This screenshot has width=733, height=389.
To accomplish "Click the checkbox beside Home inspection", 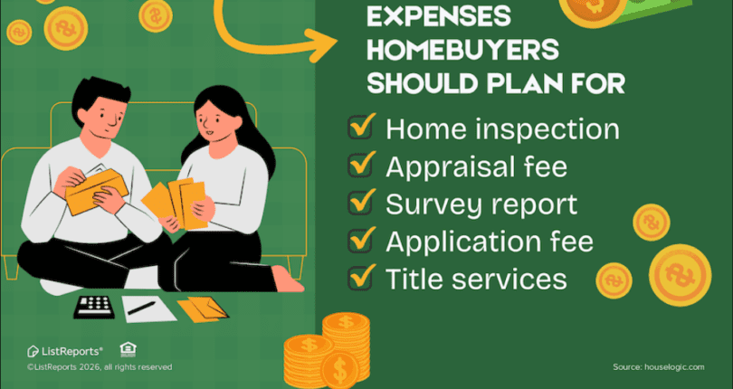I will [x=363, y=129].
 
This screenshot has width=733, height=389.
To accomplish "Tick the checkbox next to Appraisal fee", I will [x=363, y=166].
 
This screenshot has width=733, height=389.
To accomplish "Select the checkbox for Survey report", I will [x=363, y=204].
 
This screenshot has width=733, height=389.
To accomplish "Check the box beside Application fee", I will [x=363, y=241].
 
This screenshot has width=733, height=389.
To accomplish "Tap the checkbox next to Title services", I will [x=363, y=278].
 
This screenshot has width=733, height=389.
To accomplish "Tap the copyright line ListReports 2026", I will [x=100, y=367].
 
